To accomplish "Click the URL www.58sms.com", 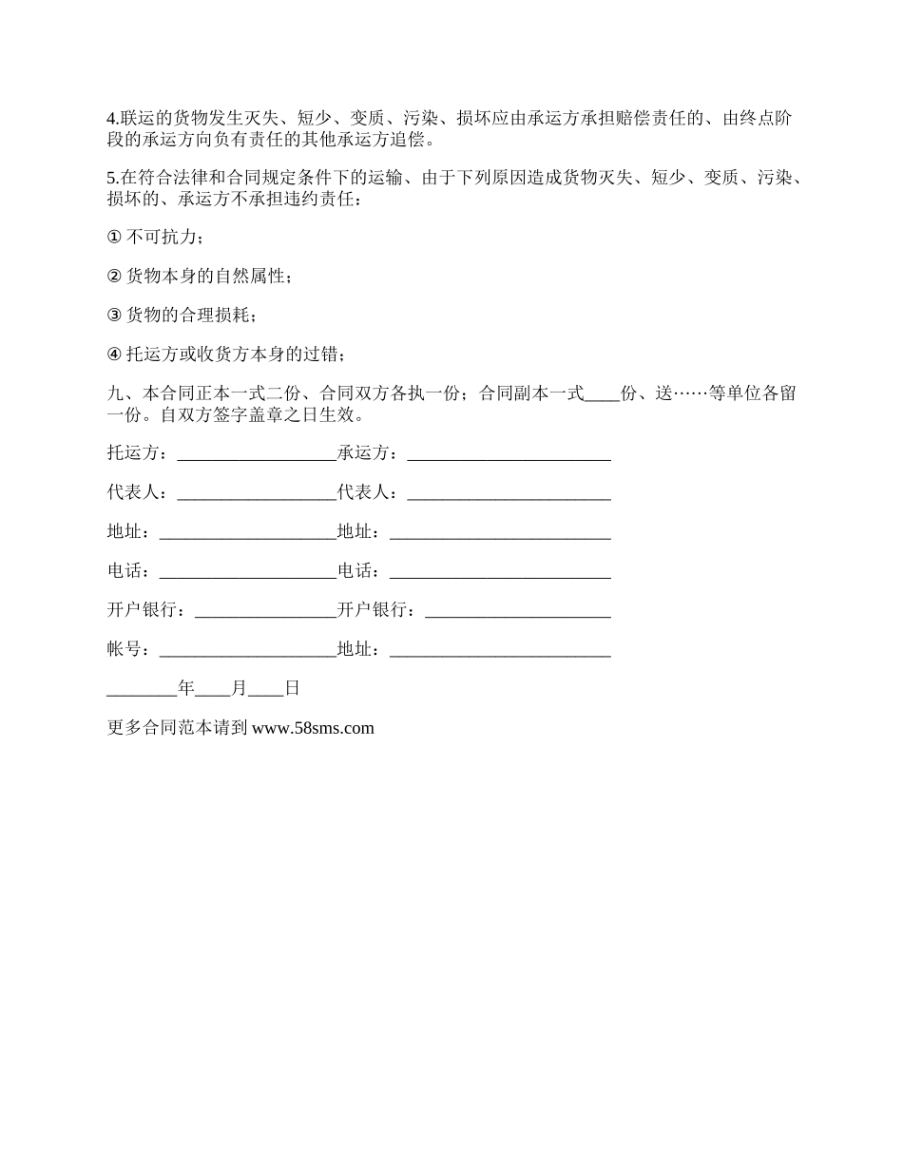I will pyautogui.click(x=313, y=728).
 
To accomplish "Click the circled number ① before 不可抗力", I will pyautogui.click(x=114, y=237).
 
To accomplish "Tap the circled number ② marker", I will pyautogui.click(x=114, y=276).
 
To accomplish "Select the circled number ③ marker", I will pyautogui.click(x=114, y=315).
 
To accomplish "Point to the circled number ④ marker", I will pyautogui.click(x=114, y=355).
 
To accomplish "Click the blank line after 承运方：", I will pyautogui.click(x=509, y=454).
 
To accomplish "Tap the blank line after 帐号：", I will pyautogui.click(x=247, y=651).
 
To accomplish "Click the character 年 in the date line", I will pyautogui.click(x=186, y=688).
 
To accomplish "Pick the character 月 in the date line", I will pyautogui.click(x=239, y=688).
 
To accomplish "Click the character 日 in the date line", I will pyautogui.click(x=292, y=688).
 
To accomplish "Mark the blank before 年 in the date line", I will pyautogui.click(x=142, y=691).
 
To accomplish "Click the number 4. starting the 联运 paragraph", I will pyautogui.click(x=112, y=119).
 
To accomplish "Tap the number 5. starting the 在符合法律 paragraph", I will pyautogui.click(x=112, y=177).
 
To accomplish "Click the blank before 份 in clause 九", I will pyautogui.click(x=602, y=396).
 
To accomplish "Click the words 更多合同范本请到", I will pyautogui.click(x=178, y=728).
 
